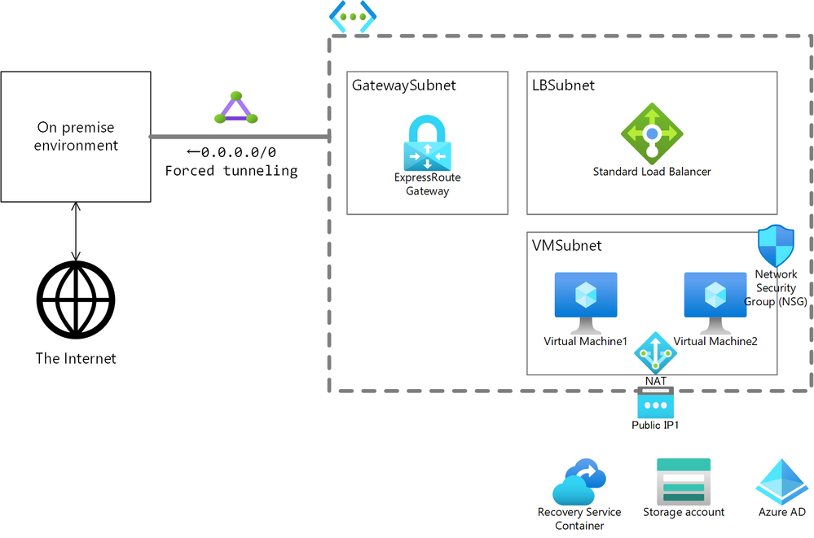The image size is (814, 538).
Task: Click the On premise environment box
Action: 76,137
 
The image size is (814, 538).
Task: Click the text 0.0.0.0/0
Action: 238,152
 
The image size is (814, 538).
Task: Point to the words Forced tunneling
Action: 231,171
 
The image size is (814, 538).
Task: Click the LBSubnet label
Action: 563,85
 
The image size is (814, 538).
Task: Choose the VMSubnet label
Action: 567,245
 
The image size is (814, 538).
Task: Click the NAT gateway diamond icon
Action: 656,352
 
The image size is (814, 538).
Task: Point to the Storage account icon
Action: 684,481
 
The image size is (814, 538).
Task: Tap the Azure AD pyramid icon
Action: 781,481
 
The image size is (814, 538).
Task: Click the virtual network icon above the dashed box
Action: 352,16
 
